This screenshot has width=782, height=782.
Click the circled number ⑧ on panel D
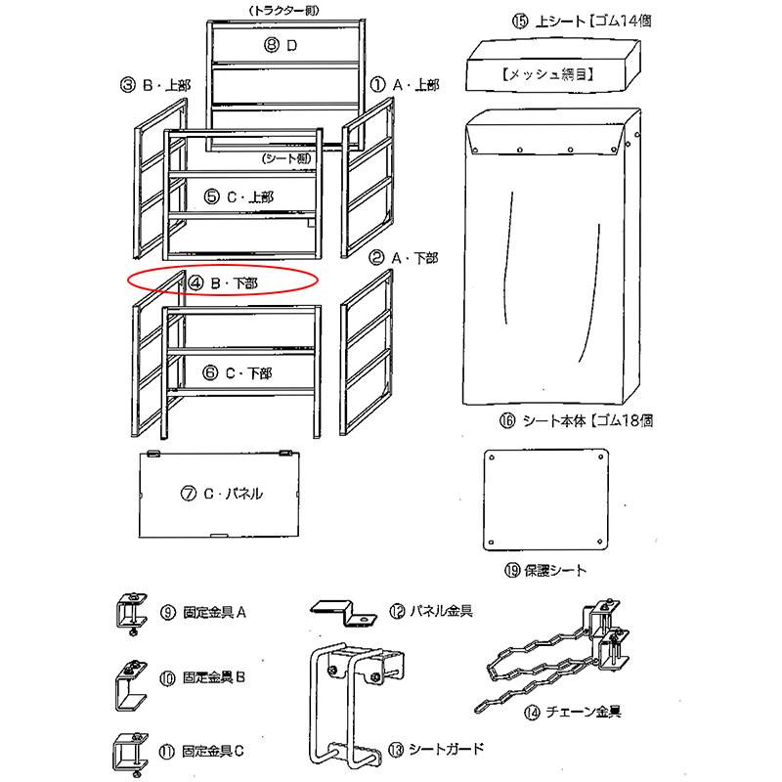coord(275,46)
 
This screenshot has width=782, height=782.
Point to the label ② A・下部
coord(402,258)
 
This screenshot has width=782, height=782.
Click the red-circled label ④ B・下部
coord(224,282)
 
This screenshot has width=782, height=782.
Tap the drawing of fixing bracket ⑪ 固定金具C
coord(127,751)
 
